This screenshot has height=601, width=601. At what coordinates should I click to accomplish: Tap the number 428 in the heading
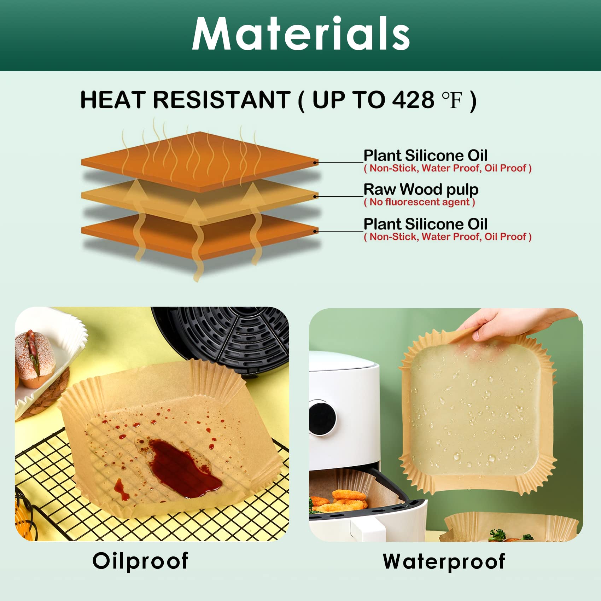coord(413,100)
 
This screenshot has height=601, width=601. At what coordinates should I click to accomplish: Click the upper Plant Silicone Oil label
coord(425,156)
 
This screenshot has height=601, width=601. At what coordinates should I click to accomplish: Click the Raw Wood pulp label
coord(421,189)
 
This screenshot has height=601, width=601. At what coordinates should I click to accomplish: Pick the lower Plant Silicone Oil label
coord(425,224)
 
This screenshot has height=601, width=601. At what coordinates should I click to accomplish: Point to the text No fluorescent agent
coord(419,202)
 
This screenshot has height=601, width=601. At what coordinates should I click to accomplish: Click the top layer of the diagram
coord(200,159)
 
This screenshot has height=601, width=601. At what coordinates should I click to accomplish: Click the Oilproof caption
coord(140,561)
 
